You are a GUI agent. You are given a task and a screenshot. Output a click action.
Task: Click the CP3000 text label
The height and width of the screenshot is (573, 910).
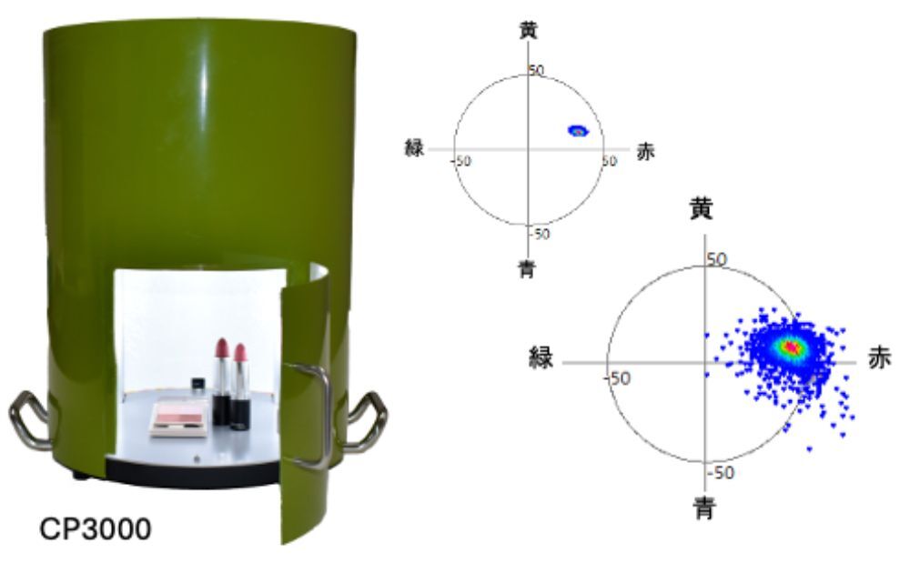(96, 528)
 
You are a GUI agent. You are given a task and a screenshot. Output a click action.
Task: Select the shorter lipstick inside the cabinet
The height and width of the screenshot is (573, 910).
(239, 387)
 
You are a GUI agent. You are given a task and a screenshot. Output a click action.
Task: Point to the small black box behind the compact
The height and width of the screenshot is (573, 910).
(198, 384)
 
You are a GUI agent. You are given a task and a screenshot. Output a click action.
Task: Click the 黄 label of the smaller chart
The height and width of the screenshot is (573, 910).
(528, 31)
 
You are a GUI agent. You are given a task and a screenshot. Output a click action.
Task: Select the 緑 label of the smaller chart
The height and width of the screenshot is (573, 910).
(414, 148)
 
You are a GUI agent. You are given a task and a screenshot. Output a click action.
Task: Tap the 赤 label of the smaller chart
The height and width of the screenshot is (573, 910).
(645, 151)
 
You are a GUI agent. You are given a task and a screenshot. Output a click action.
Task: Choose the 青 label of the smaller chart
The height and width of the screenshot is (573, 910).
(526, 269)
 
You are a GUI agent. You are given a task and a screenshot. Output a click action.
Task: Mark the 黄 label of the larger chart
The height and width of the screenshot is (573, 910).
(701, 209)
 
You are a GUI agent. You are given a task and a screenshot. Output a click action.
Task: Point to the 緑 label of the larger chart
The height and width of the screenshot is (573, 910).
(541, 357)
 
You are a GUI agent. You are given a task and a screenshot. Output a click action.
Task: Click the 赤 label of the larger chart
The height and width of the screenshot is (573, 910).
(879, 359)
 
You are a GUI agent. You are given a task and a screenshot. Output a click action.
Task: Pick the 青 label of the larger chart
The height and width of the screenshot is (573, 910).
(704, 509)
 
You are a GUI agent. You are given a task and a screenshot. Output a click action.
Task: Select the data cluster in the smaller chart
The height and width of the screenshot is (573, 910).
(578, 130)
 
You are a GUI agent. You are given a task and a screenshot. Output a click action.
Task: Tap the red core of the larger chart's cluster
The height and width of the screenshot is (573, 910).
(790, 347)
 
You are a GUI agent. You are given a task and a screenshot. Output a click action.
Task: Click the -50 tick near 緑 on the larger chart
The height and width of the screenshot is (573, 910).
(618, 378)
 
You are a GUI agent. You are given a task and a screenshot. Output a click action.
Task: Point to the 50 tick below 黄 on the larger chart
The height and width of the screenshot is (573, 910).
(717, 258)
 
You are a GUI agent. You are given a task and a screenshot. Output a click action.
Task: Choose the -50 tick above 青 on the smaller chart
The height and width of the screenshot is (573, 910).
(541, 234)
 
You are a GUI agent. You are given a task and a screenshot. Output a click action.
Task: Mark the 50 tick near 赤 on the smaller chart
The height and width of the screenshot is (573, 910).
(610, 161)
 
